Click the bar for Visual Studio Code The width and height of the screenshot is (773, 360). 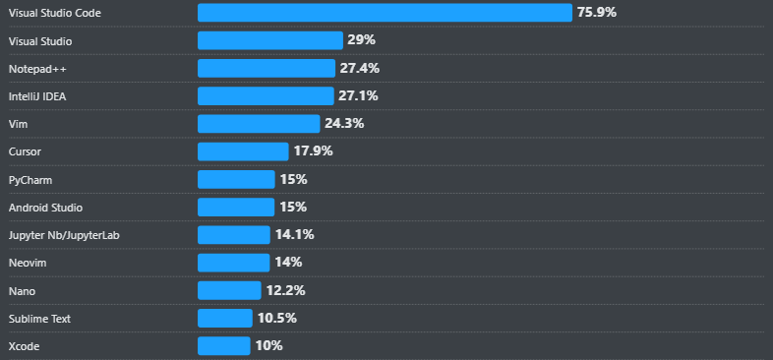[384, 13]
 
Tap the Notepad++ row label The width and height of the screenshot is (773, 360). [37, 69]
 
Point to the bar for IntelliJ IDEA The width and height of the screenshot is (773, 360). [265, 96]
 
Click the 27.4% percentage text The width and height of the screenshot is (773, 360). [359, 69]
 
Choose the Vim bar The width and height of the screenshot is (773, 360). [258, 124]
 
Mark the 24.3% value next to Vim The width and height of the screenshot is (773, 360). [344, 124]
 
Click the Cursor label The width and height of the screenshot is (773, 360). [25, 151]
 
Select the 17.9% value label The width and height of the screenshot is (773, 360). [313, 151]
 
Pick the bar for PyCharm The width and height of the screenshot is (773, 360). [235, 179]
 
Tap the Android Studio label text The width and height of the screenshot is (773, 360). [45, 208]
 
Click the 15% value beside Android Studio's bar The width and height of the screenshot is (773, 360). [293, 208]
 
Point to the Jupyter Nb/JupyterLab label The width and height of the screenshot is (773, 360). [64, 235]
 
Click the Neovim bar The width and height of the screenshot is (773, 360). [232, 263]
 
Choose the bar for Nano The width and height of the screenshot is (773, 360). [228, 290]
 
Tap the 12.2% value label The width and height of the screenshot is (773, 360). [285, 290]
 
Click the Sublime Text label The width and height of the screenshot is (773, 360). [39, 319]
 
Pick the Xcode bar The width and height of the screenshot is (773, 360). [223, 346]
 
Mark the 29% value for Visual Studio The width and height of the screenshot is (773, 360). [361, 40]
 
